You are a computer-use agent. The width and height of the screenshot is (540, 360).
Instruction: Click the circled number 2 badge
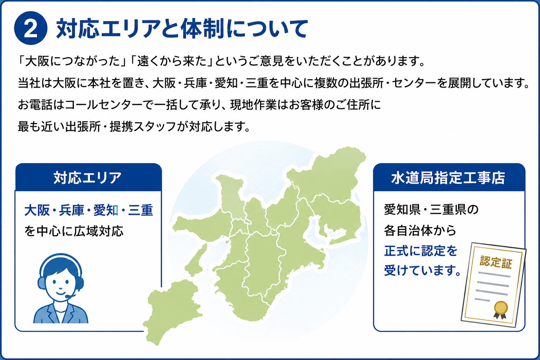(31, 28)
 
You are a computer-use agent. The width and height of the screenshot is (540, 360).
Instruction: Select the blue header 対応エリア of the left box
(88, 178)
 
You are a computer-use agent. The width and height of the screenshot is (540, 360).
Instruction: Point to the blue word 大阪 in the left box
(37, 210)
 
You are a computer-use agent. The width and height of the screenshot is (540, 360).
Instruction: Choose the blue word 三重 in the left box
(141, 210)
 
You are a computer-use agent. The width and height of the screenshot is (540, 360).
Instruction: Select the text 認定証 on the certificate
(496, 262)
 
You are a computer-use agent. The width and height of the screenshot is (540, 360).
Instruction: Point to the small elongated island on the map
(196, 260)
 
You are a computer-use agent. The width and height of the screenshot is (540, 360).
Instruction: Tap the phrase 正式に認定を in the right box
(421, 251)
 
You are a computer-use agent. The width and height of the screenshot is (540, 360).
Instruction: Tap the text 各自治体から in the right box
(420, 231)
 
